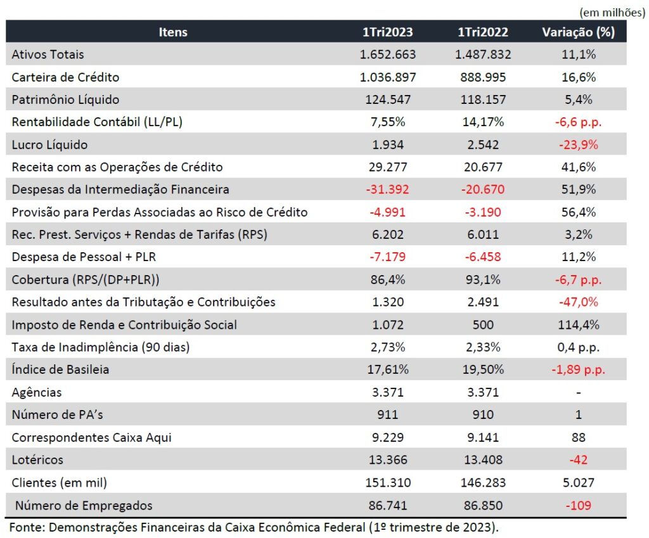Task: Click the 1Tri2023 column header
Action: [388, 32]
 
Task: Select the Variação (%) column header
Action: [578, 32]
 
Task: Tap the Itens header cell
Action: [173, 32]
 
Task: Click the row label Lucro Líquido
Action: [49, 144]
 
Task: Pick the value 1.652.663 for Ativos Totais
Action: [388, 54]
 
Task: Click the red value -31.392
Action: [388, 189]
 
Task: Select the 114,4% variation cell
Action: [578, 324]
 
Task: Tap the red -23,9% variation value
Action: [578, 144]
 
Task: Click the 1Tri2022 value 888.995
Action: [483, 77]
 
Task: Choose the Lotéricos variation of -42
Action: [578, 459]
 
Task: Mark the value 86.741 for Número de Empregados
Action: [388, 505]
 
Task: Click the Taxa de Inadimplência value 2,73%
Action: [388, 347]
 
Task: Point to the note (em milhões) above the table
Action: [612, 11]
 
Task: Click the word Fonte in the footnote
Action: [26, 527]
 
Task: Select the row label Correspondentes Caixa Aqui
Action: [92, 437]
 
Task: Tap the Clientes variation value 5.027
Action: [578, 482]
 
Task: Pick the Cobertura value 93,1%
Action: [483, 279]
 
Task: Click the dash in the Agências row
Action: [578, 393]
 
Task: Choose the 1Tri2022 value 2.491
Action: [483, 302]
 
